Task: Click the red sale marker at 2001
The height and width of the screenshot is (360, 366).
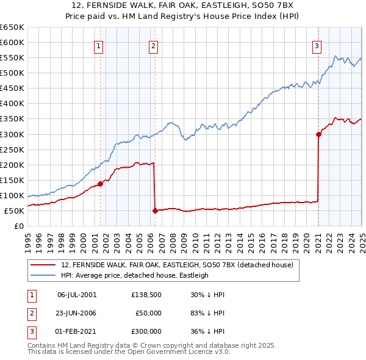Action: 100,184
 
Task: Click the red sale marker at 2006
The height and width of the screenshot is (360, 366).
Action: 155,211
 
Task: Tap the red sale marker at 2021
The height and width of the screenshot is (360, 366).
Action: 318,134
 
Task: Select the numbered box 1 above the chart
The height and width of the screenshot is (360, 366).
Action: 98,45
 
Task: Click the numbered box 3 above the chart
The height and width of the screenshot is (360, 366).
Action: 317,45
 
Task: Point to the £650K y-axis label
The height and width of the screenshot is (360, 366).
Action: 12,27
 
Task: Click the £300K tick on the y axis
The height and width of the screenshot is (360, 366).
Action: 12,134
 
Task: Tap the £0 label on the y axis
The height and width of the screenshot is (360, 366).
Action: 18,226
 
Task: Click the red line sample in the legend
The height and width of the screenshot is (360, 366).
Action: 44,265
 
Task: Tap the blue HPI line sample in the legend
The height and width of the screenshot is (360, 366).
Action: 44,275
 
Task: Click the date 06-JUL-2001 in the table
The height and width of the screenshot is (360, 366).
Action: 77,295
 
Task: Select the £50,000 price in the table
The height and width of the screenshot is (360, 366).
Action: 148,313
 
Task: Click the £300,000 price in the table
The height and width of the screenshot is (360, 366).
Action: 146,331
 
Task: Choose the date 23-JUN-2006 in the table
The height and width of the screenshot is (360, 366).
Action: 77,313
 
